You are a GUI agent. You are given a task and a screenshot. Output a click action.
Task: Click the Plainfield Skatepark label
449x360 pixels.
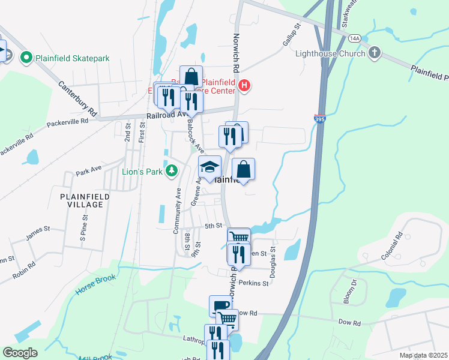[x=73, y=58]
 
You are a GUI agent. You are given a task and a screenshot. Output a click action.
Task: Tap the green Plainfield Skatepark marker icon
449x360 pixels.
[x=26, y=58]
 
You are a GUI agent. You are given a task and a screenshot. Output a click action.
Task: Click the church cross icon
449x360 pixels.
[x=375, y=53]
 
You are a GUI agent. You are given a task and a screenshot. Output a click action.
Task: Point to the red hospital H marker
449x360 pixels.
[x=244, y=86]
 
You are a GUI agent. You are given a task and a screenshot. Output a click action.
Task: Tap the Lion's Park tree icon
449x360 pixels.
[x=172, y=172]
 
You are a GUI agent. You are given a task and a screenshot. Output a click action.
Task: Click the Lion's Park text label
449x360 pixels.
[x=143, y=172]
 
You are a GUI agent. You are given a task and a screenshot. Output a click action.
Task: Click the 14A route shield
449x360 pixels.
[x=354, y=38]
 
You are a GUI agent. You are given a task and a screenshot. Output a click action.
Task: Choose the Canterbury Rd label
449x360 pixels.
[x=78, y=98]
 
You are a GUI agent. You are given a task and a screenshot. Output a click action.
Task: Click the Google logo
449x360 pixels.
[x=20, y=353]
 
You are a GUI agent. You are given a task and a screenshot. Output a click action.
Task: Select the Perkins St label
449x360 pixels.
[x=253, y=282]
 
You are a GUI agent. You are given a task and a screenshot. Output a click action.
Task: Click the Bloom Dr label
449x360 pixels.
[x=354, y=282]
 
